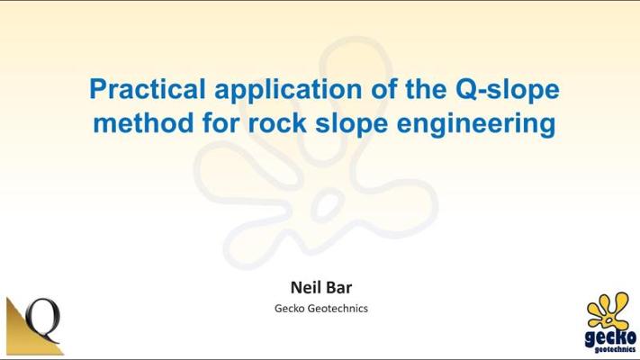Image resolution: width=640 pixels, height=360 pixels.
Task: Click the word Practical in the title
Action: tap(148, 88)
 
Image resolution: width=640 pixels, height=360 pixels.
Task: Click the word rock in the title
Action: tap(277, 123)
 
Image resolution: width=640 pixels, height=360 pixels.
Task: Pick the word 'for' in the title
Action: tap(221, 123)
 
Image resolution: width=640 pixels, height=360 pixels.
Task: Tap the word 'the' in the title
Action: tap(426, 89)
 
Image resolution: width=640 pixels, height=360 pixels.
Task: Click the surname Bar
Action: tap(338, 287)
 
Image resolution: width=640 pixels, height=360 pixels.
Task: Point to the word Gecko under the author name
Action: tap(289, 308)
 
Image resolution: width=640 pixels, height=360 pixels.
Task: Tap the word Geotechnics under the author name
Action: tap(338, 308)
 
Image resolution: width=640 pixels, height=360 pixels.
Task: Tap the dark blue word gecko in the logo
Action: tap(610, 337)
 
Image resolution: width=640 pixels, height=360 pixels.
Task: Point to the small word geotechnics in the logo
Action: tap(615, 349)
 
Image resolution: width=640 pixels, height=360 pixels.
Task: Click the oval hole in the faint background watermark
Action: tap(328, 205)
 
